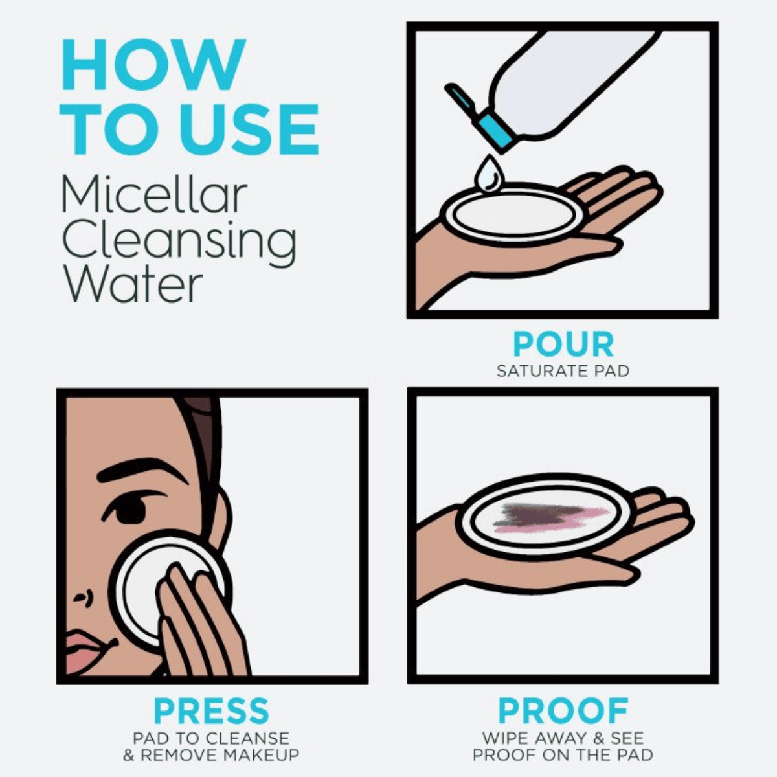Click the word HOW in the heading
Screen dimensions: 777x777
click(153, 65)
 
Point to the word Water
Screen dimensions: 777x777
click(132, 285)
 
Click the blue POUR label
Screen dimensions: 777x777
click(563, 344)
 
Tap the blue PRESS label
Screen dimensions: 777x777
click(211, 711)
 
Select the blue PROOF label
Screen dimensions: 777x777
click(563, 711)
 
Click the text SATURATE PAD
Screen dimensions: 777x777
click(563, 371)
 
